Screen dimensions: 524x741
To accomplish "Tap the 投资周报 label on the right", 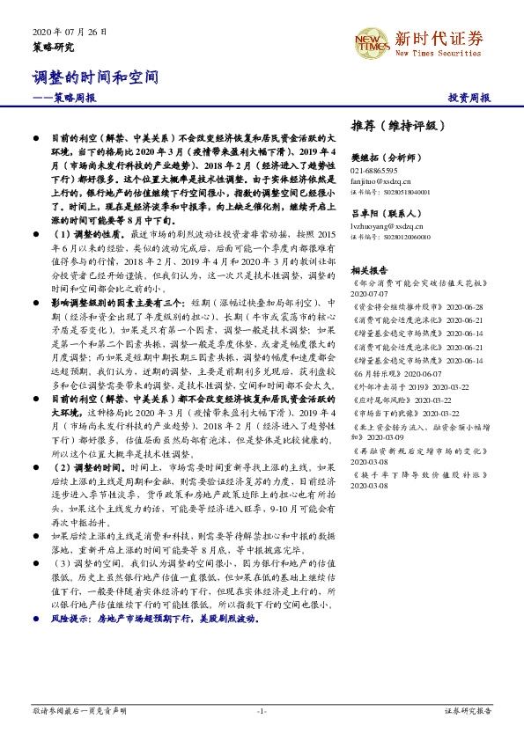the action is point(469,98).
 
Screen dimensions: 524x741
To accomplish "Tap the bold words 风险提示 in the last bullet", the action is point(70,620).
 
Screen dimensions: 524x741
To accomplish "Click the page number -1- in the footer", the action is point(262,710).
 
